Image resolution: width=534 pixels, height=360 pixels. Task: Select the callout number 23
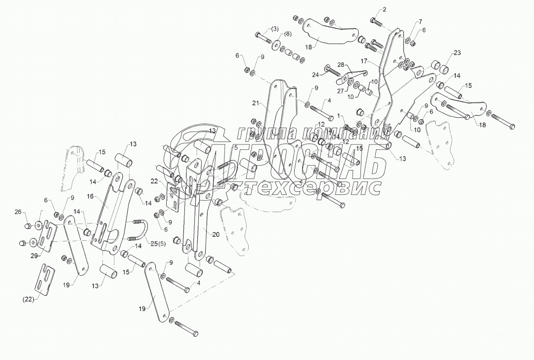click(x=457, y=53)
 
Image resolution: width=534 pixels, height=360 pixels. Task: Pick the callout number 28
click(x=340, y=65)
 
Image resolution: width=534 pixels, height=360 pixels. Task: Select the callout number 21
click(x=255, y=103)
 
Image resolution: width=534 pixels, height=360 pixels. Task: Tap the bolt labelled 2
click(x=375, y=22)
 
